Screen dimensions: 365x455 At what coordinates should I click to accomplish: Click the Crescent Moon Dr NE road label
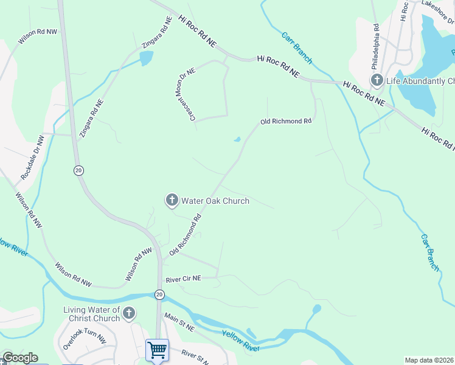[x=186, y=97]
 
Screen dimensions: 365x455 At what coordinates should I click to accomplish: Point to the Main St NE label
[x=179, y=322]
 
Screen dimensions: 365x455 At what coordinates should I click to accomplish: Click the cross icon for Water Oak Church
[x=172, y=200]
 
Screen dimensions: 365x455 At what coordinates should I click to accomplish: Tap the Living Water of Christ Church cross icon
[x=128, y=314]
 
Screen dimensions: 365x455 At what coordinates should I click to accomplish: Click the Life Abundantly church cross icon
[x=377, y=81]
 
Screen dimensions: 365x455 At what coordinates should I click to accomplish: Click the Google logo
[x=19, y=358]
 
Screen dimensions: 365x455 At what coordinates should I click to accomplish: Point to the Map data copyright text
[x=429, y=360]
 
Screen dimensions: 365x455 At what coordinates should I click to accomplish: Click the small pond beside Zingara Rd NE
[x=146, y=58]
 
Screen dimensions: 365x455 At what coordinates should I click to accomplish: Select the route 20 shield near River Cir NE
[x=159, y=294]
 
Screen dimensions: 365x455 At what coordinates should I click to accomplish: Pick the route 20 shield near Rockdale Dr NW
[x=78, y=170]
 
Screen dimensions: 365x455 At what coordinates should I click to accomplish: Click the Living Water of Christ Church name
[x=92, y=315]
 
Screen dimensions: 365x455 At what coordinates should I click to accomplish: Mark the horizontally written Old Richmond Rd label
[x=286, y=122]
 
